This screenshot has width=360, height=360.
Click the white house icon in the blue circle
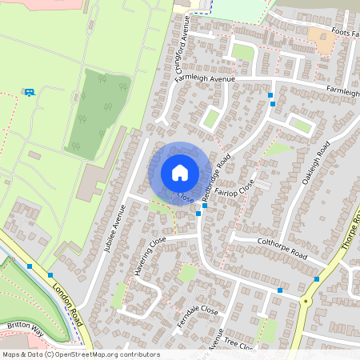tap(180, 173)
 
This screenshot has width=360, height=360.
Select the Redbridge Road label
tap(217, 177)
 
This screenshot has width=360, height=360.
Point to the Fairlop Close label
tap(240, 191)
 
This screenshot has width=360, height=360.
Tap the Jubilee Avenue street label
tap(115, 230)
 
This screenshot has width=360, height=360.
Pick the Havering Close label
tap(150, 251)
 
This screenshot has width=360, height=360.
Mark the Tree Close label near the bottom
tap(239, 344)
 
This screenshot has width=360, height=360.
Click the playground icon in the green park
tap(30, 93)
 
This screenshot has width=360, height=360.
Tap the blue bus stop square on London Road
tap(30, 266)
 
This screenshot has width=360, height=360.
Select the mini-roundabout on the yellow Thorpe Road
tap(305, 301)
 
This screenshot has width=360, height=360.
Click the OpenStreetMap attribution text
tap(80, 354)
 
